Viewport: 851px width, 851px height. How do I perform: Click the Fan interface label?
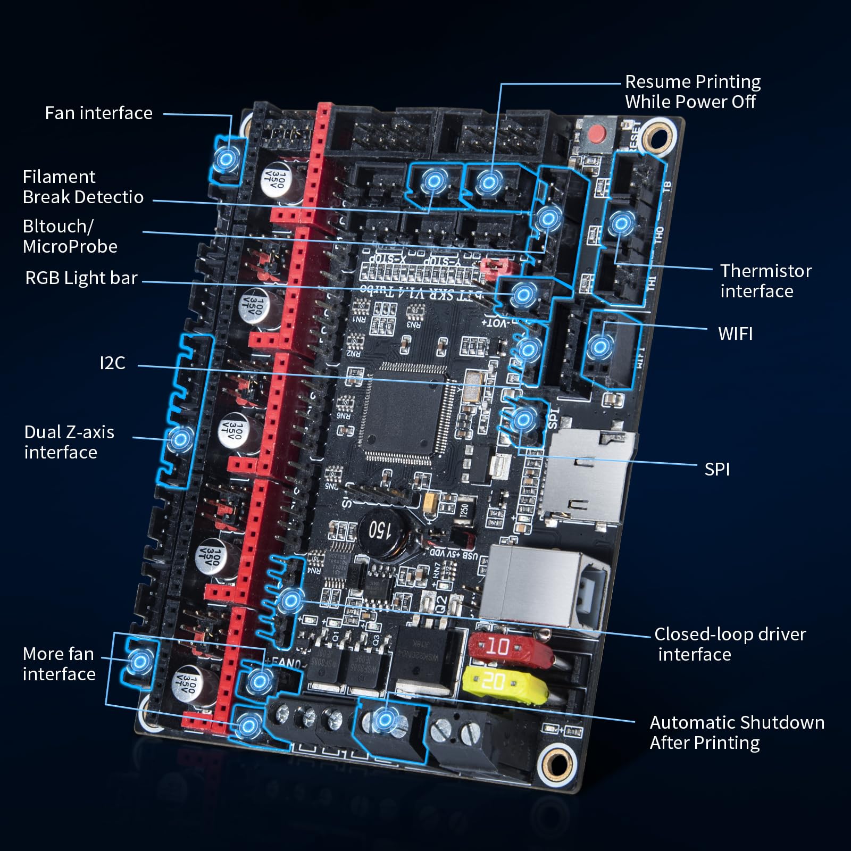click(x=98, y=113)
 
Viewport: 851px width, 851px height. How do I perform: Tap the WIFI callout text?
click(x=735, y=334)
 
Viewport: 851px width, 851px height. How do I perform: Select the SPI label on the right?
click(x=716, y=469)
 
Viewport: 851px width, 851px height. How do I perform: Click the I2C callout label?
click(x=112, y=363)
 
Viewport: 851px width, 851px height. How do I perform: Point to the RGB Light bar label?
click(x=81, y=278)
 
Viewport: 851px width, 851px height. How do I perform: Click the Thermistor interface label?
click(x=765, y=281)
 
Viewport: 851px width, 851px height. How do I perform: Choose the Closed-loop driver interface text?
click(x=729, y=644)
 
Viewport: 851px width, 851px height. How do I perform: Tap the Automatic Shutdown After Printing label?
click(x=736, y=732)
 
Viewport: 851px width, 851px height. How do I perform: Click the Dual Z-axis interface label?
click(x=69, y=442)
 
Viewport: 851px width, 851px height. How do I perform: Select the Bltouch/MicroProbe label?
click(x=70, y=236)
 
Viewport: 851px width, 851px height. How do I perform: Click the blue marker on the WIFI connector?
click(x=600, y=347)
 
